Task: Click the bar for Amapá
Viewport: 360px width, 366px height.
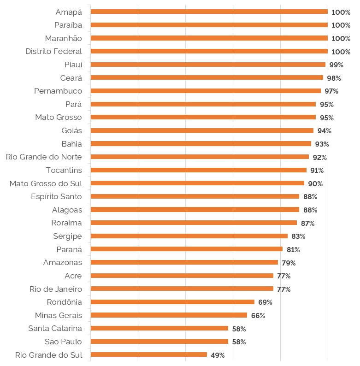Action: [x=209, y=12]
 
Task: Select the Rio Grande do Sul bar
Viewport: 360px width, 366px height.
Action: [x=148, y=354]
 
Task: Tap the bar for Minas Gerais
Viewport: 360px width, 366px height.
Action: [x=169, y=315]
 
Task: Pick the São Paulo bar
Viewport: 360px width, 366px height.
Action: [x=159, y=342]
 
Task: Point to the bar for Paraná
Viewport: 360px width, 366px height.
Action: [x=186, y=249]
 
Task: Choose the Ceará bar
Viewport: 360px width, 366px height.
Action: [x=207, y=77]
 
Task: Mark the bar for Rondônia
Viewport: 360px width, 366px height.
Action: [x=172, y=302]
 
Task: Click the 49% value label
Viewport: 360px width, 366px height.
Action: [x=218, y=355]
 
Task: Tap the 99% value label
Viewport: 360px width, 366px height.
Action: [x=336, y=65]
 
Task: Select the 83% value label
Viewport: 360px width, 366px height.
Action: [x=298, y=236]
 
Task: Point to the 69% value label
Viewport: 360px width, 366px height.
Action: [x=265, y=302]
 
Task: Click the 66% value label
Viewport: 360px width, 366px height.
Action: [x=258, y=316]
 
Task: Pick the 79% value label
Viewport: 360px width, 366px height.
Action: [x=289, y=263]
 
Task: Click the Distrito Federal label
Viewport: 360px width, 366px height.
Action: [x=53, y=51]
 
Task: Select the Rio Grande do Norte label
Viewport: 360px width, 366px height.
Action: [x=44, y=157]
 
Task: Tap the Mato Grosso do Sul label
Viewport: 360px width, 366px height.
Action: [x=46, y=183]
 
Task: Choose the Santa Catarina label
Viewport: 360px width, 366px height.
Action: [x=55, y=329]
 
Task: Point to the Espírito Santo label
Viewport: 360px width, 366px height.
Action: [x=56, y=197]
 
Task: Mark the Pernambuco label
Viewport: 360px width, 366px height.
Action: [x=58, y=91]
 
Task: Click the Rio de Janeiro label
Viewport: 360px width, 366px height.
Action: [x=56, y=289]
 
